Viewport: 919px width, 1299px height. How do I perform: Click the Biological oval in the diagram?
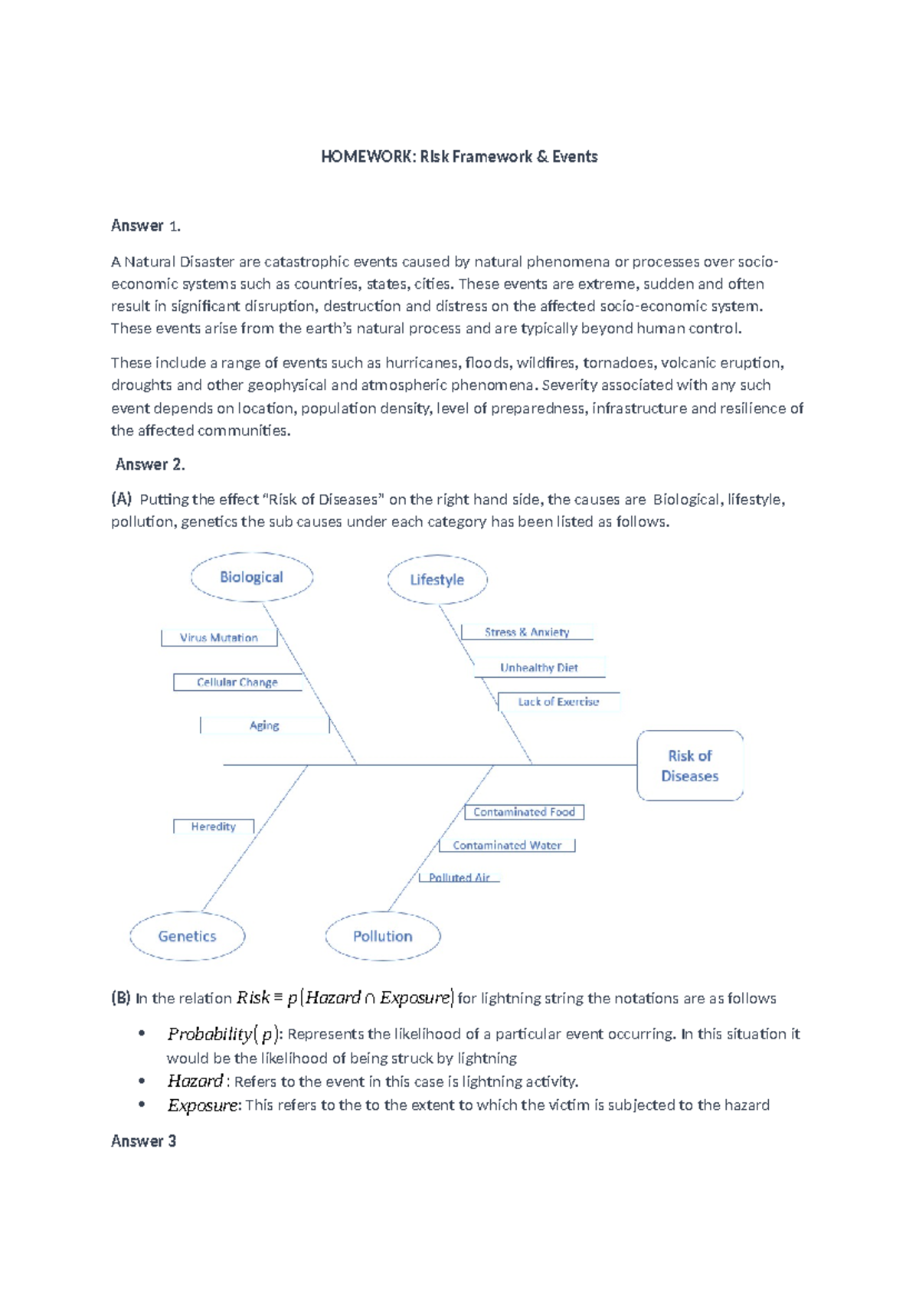(x=251, y=578)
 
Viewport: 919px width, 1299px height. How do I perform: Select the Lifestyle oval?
(x=437, y=580)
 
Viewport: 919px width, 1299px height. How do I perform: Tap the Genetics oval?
(x=187, y=936)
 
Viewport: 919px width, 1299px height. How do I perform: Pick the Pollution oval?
(x=382, y=936)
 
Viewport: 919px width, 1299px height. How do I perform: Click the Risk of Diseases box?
(x=689, y=766)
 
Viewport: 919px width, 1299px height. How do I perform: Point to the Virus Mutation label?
(x=219, y=637)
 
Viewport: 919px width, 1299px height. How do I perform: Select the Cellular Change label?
(x=237, y=682)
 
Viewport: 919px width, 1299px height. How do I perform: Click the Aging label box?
(x=264, y=725)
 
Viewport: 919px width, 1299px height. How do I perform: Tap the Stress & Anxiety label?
(x=527, y=632)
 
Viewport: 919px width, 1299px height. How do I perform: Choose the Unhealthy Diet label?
(x=539, y=667)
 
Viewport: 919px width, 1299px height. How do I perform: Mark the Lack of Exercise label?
(x=558, y=702)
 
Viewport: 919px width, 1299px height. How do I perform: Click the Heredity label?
(x=213, y=826)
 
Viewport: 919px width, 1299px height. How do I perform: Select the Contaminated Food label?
(x=524, y=812)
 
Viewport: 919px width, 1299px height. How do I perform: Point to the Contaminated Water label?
(x=506, y=846)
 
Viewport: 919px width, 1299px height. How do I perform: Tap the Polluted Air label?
(x=459, y=878)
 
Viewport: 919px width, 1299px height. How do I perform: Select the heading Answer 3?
(x=143, y=1141)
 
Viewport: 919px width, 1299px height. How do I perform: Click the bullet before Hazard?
(x=142, y=1081)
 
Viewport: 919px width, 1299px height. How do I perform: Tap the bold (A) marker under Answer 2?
(x=121, y=499)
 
